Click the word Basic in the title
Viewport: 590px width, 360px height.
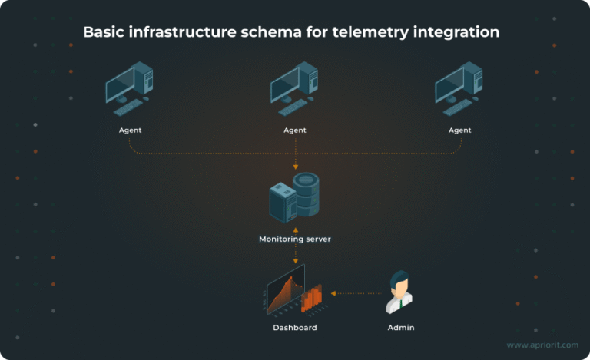pos(105,32)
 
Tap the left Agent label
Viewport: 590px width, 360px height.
pos(130,130)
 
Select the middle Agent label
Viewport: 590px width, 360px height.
pos(295,130)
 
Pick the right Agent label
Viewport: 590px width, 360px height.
pos(459,130)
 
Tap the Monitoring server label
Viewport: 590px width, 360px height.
pos(295,239)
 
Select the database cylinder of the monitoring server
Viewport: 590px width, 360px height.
pos(306,195)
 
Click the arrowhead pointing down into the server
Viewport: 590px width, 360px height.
pos(295,167)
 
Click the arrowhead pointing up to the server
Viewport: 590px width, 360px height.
pos(295,228)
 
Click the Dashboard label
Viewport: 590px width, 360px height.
pos(295,328)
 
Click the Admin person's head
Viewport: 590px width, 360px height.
pos(399,282)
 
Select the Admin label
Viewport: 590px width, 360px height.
pos(401,328)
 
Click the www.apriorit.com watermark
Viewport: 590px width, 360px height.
pos(542,346)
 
